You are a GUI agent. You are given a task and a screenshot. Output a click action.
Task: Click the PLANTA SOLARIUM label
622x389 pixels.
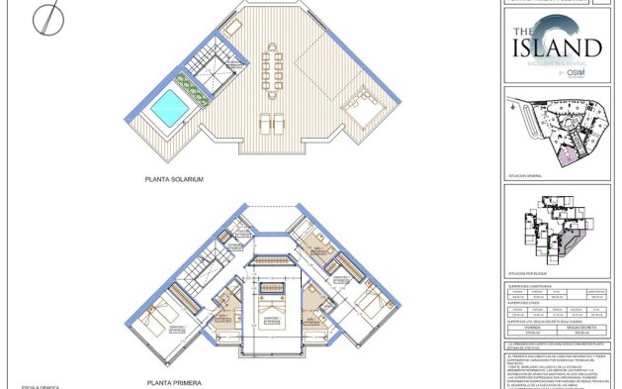[174, 179]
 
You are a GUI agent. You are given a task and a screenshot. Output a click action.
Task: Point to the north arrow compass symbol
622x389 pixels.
[45, 17]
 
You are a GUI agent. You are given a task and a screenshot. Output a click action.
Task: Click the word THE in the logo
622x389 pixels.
[524, 33]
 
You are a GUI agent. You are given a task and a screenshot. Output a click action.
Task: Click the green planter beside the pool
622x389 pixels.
[195, 88]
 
